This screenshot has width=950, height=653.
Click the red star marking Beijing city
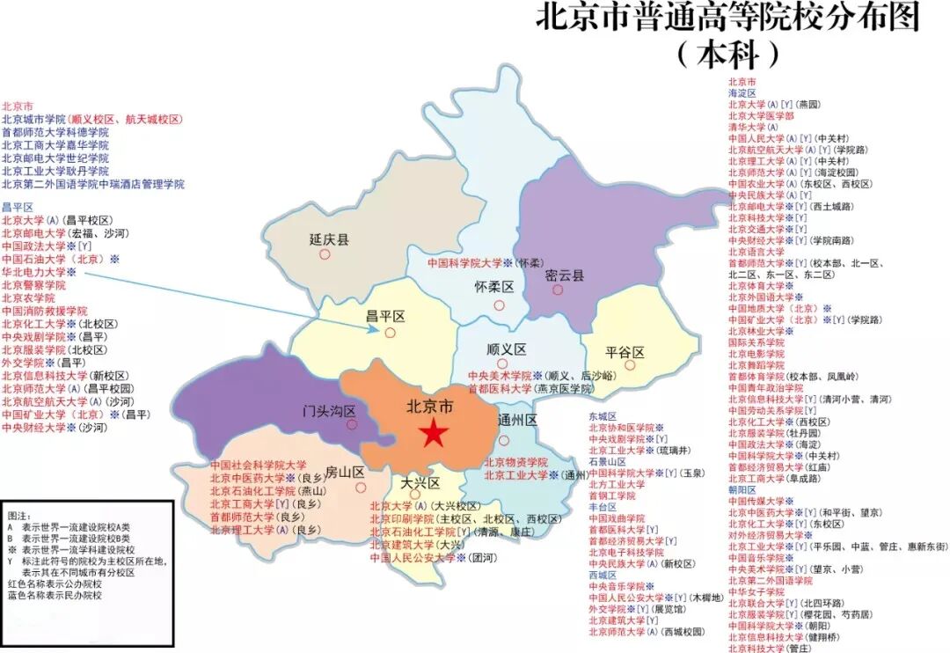click(x=432, y=433)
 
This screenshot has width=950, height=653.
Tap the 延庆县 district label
click(x=329, y=238)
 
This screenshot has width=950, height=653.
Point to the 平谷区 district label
click(x=625, y=352)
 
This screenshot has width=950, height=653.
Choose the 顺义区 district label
click(x=505, y=349)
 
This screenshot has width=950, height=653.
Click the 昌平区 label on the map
click(x=385, y=315)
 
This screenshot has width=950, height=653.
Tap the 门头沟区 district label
click(x=329, y=410)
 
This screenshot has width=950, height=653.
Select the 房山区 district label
click(x=345, y=472)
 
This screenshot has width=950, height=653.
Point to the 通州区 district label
click(x=517, y=419)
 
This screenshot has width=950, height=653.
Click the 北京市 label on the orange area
click(x=430, y=407)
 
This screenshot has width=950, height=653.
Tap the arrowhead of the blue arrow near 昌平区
click(x=376, y=331)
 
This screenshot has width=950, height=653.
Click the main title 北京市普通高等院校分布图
click(x=727, y=19)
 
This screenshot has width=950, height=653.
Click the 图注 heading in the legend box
click(x=18, y=512)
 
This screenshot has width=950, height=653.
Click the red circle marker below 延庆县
click(x=325, y=254)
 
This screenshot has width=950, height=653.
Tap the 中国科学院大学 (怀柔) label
click(x=464, y=262)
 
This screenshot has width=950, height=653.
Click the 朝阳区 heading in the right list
click(x=742, y=488)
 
